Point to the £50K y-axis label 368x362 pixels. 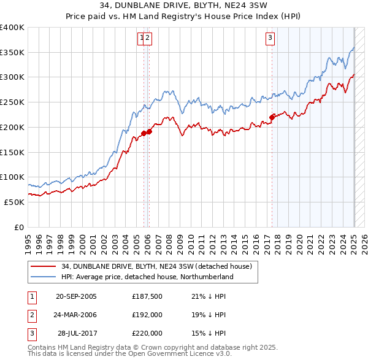[x=13, y=202]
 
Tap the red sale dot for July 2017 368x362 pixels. [x=272, y=117]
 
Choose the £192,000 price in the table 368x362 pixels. [x=147, y=315]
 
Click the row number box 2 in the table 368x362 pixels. [x=31, y=315]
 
